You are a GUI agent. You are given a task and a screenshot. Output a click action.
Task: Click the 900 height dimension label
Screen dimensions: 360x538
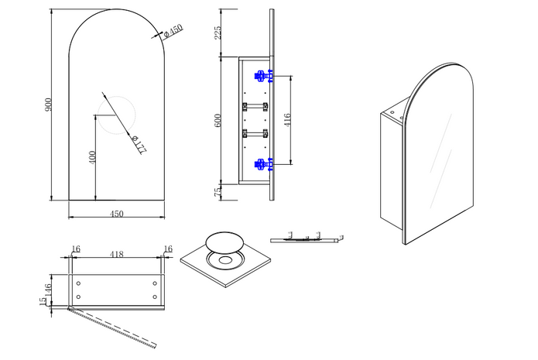click(x=48, y=107)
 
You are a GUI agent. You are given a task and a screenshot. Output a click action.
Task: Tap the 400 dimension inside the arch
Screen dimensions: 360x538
click(x=92, y=157)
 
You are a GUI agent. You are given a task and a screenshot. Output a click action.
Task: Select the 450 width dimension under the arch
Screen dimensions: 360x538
click(x=118, y=214)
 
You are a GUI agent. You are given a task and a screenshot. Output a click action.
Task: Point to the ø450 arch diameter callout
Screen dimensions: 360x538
click(x=173, y=30)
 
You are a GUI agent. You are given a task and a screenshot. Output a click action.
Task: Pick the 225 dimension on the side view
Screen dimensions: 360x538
click(x=218, y=32)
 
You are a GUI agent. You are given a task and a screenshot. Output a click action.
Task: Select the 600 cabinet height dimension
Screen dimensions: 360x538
click(x=218, y=120)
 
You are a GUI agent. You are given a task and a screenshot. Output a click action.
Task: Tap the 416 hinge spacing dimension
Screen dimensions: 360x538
click(x=288, y=120)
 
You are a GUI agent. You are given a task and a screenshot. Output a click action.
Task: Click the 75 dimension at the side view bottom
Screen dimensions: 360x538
click(x=218, y=191)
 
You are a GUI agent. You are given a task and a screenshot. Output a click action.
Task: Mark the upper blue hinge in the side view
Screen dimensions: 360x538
click(x=262, y=76)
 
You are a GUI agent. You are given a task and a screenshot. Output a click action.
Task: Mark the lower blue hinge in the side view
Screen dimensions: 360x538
click(x=262, y=163)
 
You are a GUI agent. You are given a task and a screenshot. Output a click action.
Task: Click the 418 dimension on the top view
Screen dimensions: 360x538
click(x=118, y=253)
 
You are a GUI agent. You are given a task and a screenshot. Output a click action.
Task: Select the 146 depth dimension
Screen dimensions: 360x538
click(x=48, y=289)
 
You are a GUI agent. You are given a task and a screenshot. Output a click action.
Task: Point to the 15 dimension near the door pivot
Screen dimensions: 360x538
click(x=43, y=302)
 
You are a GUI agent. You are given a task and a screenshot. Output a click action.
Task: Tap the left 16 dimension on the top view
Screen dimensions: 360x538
click(x=75, y=249)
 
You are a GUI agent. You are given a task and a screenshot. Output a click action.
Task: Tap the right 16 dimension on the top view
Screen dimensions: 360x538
click(x=167, y=249)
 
